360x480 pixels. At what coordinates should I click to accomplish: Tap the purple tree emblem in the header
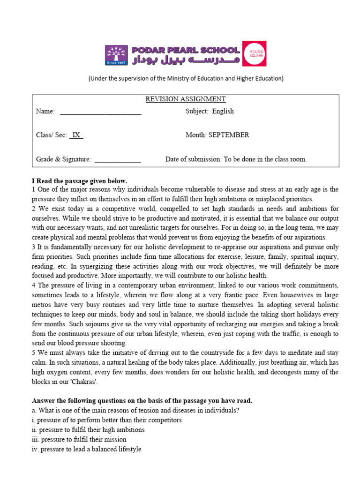click(x=116, y=55)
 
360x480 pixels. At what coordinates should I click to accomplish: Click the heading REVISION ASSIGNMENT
click(x=185, y=99)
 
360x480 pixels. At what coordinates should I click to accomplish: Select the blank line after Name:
click(x=100, y=112)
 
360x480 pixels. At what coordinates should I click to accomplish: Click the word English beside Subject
click(x=223, y=112)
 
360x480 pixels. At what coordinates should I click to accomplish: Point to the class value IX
click(x=76, y=135)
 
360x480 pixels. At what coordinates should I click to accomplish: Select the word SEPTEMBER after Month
click(x=229, y=135)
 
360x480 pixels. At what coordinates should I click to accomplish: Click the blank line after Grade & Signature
click(x=118, y=160)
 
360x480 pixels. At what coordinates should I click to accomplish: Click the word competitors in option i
click(x=163, y=420)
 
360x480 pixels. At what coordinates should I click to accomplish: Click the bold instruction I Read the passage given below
click(x=79, y=180)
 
